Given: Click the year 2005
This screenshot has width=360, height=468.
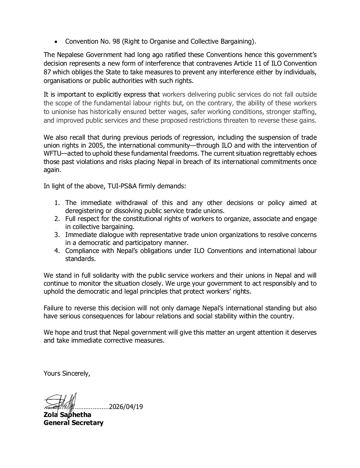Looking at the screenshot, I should (x=97, y=146).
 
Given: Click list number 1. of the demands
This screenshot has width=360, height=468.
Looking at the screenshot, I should (x=57, y=203).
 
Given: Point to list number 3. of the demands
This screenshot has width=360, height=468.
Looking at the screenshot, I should (x=57, y=235).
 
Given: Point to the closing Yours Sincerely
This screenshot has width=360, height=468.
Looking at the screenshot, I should (x=67, y=374).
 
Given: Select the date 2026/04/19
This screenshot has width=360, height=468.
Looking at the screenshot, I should (x=126, y=407).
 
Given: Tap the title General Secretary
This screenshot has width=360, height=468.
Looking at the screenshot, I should (x=73, y=423).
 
